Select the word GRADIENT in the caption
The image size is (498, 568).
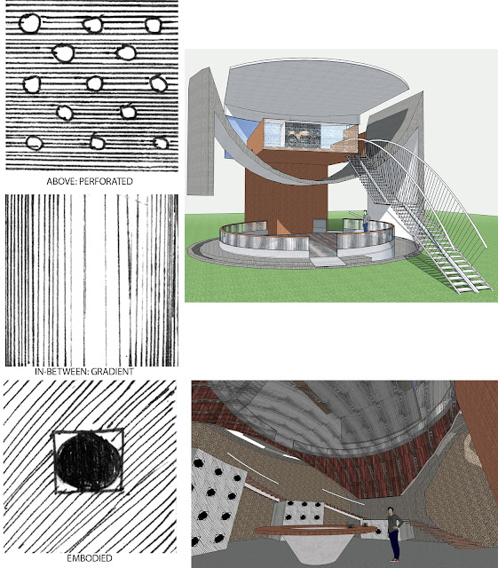[x=113, y=371]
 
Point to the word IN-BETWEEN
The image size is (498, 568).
[x=61, y=371]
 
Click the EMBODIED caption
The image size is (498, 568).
[x=89, y=558]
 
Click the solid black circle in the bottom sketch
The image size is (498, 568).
[x=89, y=461]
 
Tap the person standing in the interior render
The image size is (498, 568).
[x=394, y=533]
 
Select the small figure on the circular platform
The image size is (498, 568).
[x=366, y=222]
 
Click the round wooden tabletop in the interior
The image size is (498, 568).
[x=315, y=530]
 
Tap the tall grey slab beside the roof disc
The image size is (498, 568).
[x=202, y=130]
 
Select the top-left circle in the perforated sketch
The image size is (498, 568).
[x=29, y=23]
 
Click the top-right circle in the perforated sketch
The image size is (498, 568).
[x=154, y=26]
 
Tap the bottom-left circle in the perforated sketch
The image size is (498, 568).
[x=35, y=143]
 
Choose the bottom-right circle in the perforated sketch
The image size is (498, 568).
[x=161, y=143]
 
